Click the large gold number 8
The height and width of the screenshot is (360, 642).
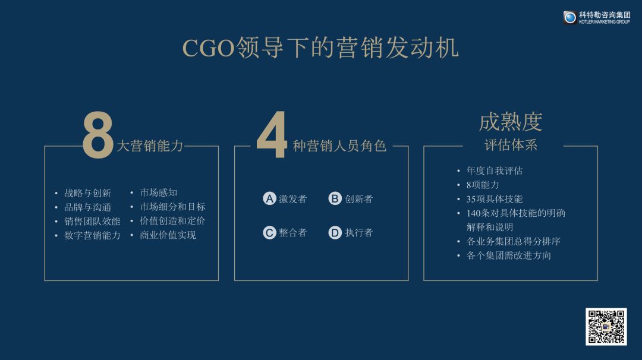[x=98, y=135]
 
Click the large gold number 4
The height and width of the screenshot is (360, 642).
[x=272, y=135]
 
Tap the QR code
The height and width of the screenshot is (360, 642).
[x=606, y=327]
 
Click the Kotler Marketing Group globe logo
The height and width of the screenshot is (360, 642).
[x=570, y=17]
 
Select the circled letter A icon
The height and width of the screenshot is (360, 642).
[x=269, y=198]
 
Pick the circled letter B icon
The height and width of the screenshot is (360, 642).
[x=335, y=198]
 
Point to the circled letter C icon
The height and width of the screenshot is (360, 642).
[x=269, y=232]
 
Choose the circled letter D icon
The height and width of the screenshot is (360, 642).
[x=335, y=232]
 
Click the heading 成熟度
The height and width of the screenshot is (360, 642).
[x=511, y=122]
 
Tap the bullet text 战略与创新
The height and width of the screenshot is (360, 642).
[x=87, y=193]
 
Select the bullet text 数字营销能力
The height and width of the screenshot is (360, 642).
[x=93, y=235]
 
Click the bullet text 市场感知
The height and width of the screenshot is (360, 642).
[x=159, y=192]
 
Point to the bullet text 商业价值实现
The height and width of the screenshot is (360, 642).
[x=168, y=235]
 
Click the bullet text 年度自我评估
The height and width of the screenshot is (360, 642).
[x=495, y=170]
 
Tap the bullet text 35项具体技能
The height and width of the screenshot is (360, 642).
[x=495, y=199]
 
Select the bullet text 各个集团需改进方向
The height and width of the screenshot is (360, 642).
[x=509, y=255]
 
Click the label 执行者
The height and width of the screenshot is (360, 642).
[x=359, y=232]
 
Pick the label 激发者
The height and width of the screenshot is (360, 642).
[x=292, y=199]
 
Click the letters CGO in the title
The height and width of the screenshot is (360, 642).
[x=209, y=48]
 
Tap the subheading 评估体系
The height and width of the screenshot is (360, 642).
[x=511, y=145]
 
